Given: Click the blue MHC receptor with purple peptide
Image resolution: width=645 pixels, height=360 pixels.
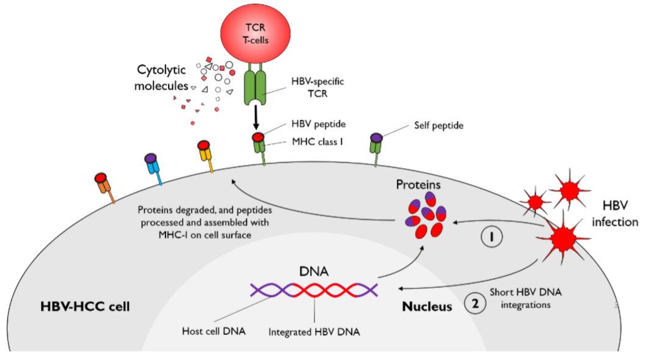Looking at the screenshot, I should (153, 167).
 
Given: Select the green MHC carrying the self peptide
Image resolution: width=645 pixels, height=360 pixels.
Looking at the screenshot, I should (376, 146).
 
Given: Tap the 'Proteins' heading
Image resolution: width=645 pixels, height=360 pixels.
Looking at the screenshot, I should (418, 184).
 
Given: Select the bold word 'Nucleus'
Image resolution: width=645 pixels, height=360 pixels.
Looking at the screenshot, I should (427, 306).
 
